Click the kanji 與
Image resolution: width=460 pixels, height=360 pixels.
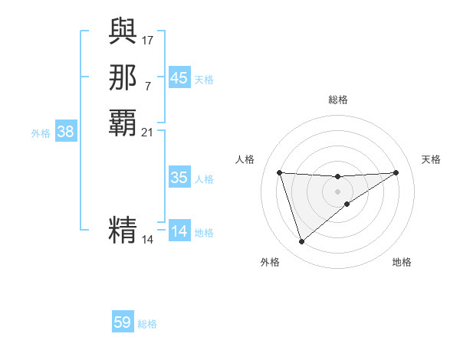(123, 31)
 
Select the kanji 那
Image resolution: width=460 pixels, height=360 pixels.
(123, 77)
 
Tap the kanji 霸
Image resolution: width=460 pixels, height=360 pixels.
(123, 123)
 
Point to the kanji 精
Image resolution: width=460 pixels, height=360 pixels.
(123, 230)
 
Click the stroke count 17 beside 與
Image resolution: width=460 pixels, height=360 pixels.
(147, 39)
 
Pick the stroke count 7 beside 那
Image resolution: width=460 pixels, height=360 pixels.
(147, 85)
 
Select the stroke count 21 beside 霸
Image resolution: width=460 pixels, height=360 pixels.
(147, 132)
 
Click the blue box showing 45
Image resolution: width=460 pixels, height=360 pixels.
(179, 78)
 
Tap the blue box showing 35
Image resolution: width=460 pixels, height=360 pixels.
(179, 178)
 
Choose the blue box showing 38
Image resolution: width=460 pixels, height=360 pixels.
(66, 132)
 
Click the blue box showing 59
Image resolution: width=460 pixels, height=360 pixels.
(123, 322)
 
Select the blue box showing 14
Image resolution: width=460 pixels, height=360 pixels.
(179, 231)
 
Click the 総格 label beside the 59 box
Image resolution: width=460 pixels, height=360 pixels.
(147, 324)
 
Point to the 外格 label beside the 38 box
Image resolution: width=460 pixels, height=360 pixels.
(41, 133)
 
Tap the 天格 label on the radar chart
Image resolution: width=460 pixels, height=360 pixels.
(431, 159)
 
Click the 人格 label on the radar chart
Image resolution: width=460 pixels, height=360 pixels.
(245, 159)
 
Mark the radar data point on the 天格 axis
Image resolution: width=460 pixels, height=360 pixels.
(396, 172)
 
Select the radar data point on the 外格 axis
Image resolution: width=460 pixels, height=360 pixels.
(301, 242)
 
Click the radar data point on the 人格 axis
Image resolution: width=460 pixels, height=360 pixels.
(279, 172)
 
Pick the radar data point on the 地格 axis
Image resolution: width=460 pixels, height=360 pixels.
(347, 204)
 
